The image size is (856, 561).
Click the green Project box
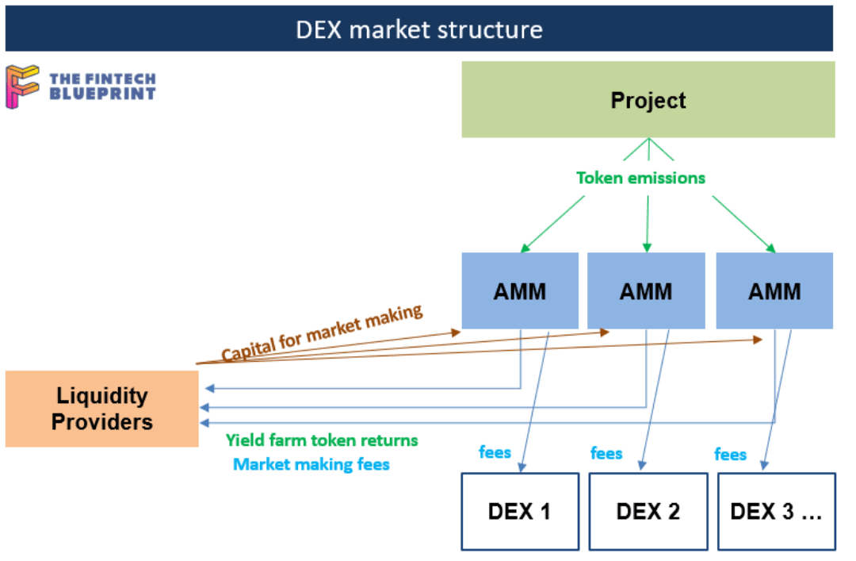[648, 100]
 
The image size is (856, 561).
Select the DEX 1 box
[519, 512]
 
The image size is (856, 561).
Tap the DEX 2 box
[648, 512]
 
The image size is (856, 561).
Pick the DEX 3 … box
[776, 512]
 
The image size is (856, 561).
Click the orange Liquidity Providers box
[101, 409]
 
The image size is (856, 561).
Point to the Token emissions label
[640, 178]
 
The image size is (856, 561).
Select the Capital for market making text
[322, 333]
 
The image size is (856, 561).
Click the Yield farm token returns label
[322, 440]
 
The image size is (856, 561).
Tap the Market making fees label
[311, 464]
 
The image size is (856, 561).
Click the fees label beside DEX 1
[495, 452]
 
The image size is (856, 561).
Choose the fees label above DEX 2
[606, 453]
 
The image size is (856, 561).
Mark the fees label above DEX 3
[730, 454]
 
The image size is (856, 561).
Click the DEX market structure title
[419, 29]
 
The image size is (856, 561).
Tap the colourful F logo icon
[22, 86]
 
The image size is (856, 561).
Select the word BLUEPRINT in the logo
[102, 94]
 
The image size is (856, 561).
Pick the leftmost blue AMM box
[520, 291]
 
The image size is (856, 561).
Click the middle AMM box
[646, 291]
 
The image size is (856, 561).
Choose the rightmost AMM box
[774, 291]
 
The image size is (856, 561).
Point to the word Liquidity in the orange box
[101, 395]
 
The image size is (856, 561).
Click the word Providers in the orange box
[101, 421]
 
